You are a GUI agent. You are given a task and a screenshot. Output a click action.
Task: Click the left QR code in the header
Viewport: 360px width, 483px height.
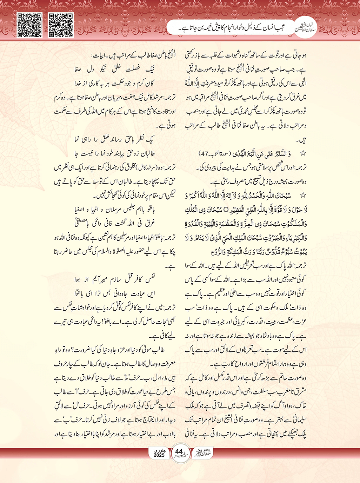30,25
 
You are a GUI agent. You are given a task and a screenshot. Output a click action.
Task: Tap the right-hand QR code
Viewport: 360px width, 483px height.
61,25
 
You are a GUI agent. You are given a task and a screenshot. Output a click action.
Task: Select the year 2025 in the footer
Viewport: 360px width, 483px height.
159,455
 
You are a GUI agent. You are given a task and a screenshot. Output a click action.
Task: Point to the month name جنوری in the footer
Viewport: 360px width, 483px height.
159,450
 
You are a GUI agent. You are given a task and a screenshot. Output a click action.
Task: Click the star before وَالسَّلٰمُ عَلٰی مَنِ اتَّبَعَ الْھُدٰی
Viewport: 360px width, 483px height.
303,154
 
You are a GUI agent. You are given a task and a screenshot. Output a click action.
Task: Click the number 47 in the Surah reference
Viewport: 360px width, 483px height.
205,154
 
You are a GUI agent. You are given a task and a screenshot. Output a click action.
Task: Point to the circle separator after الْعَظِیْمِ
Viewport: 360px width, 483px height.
226,210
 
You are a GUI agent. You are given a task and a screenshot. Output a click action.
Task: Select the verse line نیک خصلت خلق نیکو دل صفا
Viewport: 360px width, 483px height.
114,70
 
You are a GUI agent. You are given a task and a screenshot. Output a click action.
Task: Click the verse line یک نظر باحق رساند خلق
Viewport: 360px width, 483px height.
114,140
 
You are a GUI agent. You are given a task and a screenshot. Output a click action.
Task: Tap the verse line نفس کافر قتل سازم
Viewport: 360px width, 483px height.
114,280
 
